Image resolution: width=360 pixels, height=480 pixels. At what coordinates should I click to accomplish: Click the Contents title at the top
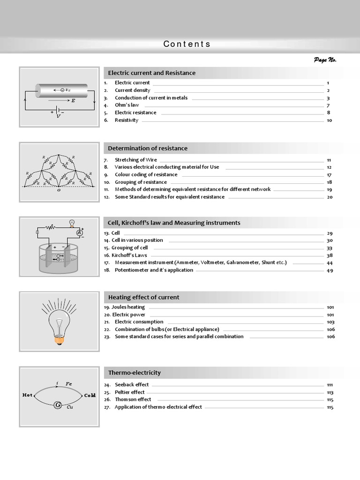click(x=187, y=44)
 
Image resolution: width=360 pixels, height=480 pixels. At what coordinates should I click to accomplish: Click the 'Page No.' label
click(x=325, y=60)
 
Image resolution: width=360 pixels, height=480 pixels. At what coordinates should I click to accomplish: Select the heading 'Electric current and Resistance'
click(x=151, y=73)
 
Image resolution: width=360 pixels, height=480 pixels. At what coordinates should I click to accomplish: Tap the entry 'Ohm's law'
click(x=127, y=105)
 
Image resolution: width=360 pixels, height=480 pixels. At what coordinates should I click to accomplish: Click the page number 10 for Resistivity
click(x=329, y=120)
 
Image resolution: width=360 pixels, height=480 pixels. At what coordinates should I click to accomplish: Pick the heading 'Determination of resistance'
click(x=147, y=148)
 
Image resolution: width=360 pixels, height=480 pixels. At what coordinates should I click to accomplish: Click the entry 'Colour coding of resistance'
click(x=146, y=174)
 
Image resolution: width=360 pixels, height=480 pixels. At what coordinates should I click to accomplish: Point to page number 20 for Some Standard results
click(x=330, y=197)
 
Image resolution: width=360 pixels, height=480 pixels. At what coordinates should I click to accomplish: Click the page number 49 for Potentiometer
click(x=330, y=270)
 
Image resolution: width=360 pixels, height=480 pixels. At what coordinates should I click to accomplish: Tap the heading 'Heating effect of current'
click(x=143, y=297)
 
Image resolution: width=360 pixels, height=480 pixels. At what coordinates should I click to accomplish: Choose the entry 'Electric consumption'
click(x=139, y=322)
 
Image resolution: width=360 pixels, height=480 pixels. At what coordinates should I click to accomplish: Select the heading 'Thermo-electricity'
click(x=134, y=373)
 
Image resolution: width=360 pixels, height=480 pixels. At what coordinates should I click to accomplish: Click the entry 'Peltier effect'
click(x=129, y=392)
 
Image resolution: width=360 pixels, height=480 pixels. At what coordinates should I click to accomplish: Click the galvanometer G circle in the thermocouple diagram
click(x=58, y=405)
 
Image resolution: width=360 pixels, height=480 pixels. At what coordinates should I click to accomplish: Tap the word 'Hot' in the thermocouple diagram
click(x=28, y=395)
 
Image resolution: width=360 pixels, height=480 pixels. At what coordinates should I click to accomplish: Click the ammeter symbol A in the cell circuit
click(x=80, y=232)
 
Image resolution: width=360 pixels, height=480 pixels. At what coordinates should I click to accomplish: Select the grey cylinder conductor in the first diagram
click(x=61, y=90)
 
